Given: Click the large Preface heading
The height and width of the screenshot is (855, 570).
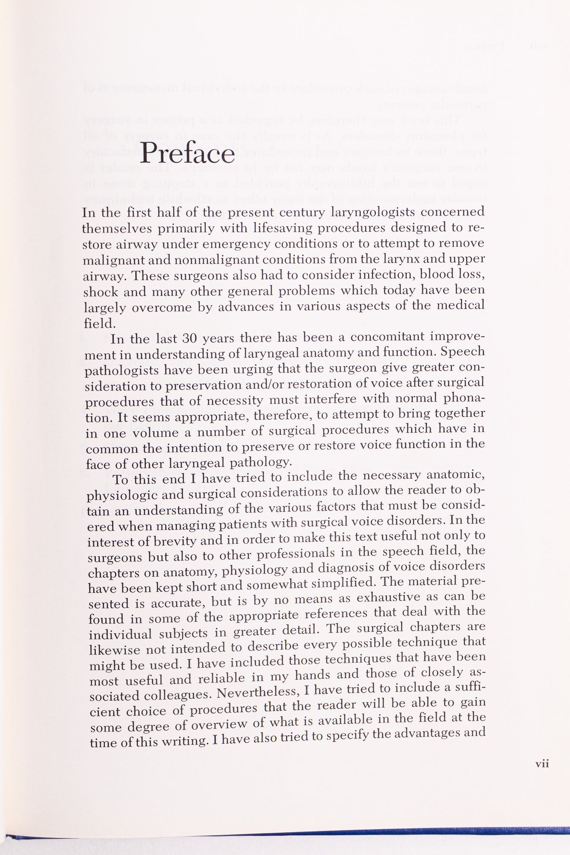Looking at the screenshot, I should click(188, 153).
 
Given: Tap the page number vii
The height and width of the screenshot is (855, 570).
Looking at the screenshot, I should click(542, 764).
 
